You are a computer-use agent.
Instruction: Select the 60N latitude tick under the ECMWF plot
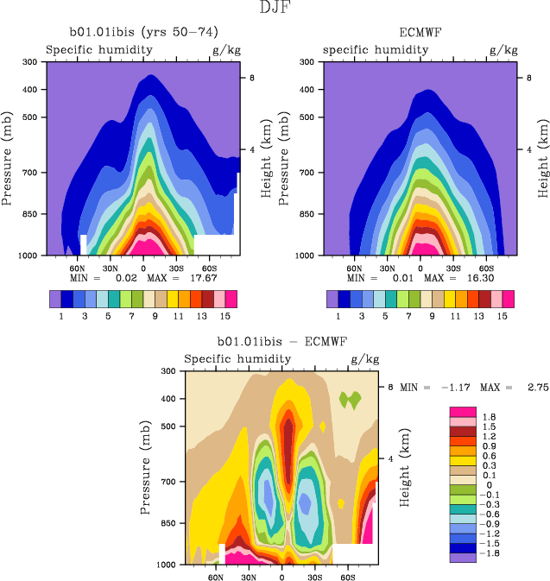pyautogui.click(x=354, y=268)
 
